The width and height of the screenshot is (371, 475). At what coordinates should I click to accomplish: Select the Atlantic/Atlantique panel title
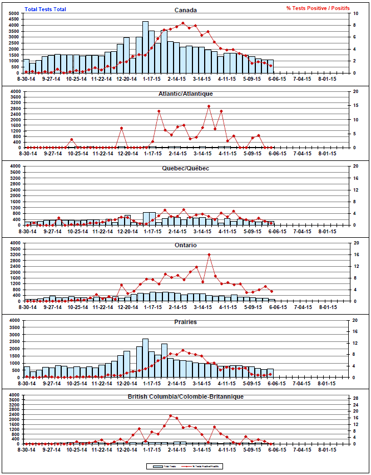(185, 94)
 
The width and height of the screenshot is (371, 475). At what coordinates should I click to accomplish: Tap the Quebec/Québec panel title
(185, 169)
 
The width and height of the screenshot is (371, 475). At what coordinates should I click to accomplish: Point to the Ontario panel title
(185, 245)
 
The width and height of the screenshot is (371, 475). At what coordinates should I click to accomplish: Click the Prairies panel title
(185, 322)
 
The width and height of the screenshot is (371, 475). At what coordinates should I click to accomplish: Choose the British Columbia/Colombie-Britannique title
(185, 396)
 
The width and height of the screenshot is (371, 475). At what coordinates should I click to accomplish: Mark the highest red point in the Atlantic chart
(209, 106)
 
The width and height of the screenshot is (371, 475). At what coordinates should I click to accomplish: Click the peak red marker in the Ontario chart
(209, 254)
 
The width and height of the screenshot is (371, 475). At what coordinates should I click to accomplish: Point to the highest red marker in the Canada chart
(183, 23)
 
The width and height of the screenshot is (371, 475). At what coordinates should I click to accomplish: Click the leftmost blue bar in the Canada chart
(26, 66)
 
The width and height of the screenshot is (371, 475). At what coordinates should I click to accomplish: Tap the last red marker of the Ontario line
(271, 291)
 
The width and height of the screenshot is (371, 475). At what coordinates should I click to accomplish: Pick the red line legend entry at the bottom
(203, 466)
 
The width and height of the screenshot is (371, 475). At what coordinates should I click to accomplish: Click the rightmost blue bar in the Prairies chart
(271, 373)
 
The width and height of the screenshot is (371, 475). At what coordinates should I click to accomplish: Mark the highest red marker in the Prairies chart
(183, 351)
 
